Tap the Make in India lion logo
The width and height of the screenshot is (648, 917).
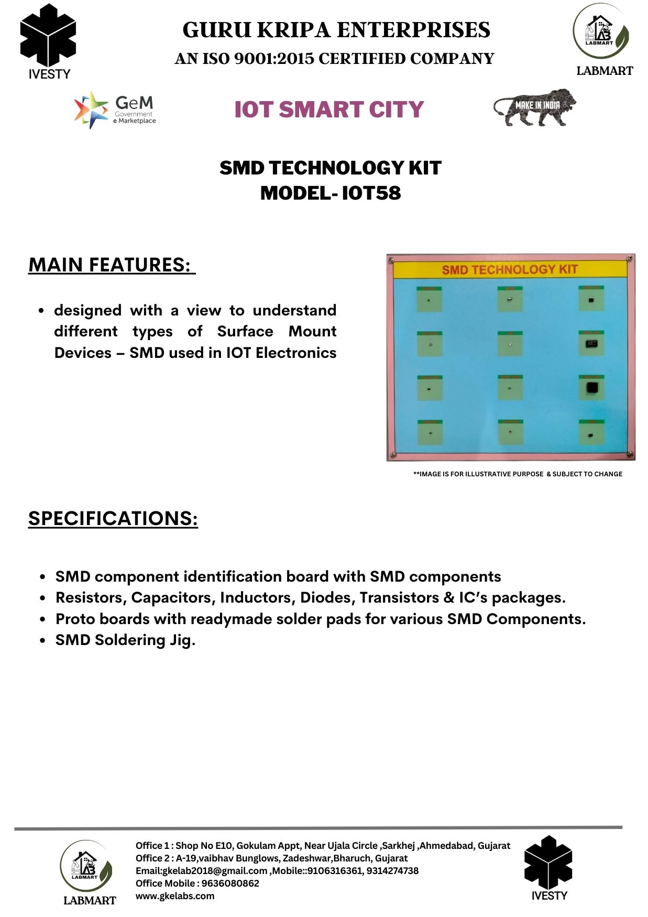coord(534,107)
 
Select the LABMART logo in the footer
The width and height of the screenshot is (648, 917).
coord(87,872)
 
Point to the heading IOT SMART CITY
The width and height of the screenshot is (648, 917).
coord(329,110)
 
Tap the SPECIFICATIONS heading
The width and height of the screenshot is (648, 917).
coord(113,518)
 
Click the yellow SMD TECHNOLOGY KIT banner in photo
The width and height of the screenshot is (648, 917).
coord(509,269)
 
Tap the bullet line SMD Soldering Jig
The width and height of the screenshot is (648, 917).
coord(125,640)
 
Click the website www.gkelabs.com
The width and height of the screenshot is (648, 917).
coord(175,896)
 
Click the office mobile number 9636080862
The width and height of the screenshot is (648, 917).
coord(230,883)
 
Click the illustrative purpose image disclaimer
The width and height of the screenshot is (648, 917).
coord(518,474)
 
